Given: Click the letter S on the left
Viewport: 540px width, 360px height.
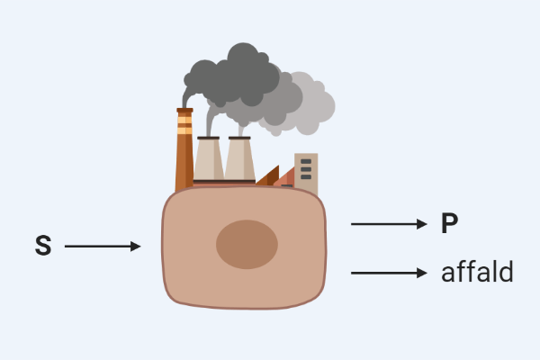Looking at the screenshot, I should pos(42,246).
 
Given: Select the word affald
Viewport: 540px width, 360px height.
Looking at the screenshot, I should pos(477,272).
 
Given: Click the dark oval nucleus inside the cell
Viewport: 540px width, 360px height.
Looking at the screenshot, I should pos(247,244).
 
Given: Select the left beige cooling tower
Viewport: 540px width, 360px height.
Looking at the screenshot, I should pos(209,162).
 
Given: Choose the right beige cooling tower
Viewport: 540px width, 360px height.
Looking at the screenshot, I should pos(240,162).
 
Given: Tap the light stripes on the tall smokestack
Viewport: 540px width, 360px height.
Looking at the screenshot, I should pos(184,124).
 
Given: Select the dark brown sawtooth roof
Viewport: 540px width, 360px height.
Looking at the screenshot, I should pos(268,178).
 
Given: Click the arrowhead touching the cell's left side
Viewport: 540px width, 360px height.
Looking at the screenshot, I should pos(136,246).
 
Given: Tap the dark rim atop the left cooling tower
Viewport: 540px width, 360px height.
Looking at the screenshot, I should pos(209,139).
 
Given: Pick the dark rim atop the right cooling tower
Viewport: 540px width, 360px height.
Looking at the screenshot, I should pos(240,139).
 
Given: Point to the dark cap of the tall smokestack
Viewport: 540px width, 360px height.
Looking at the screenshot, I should pos(184,111).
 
